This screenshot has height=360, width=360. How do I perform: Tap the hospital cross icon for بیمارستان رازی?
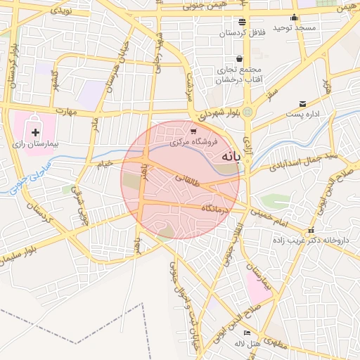pos(36,131)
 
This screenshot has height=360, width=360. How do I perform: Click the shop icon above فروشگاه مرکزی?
pos(193,131)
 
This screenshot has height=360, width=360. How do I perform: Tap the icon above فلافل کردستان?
pos(243,22)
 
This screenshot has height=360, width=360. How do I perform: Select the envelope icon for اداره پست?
pos(302,103)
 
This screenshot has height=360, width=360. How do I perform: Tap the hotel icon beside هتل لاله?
pos(246,333)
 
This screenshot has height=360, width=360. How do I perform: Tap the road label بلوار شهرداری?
pos(217,112)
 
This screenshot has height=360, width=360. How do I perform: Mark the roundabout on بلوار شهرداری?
pos(247,111)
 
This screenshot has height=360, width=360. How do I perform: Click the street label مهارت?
pos(67,111)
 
